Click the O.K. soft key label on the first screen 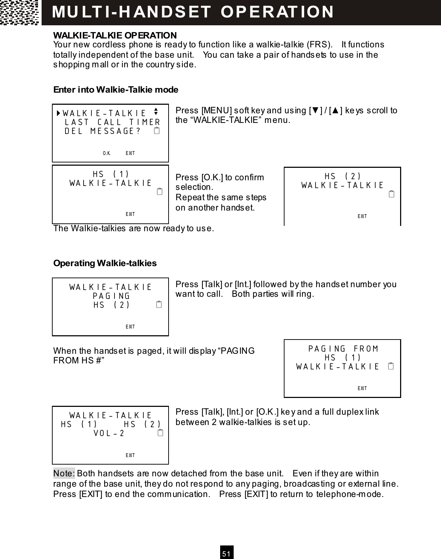click(107, 153)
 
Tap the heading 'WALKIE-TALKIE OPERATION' click(115, 36)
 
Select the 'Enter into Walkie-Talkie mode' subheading click(116, 89)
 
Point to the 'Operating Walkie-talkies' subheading click(105, 263)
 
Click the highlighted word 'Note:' click(64, 473)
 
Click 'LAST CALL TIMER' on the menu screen click(112, 122)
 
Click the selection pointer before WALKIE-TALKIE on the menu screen click(58, 114)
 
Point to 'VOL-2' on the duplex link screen click(109, 433)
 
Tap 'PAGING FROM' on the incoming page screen click(343, 348)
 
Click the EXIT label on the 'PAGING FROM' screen click(362, 388)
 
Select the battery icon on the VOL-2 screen click(160, 433)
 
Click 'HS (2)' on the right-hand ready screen click(342, 176)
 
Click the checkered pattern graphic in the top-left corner click(20, 12)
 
